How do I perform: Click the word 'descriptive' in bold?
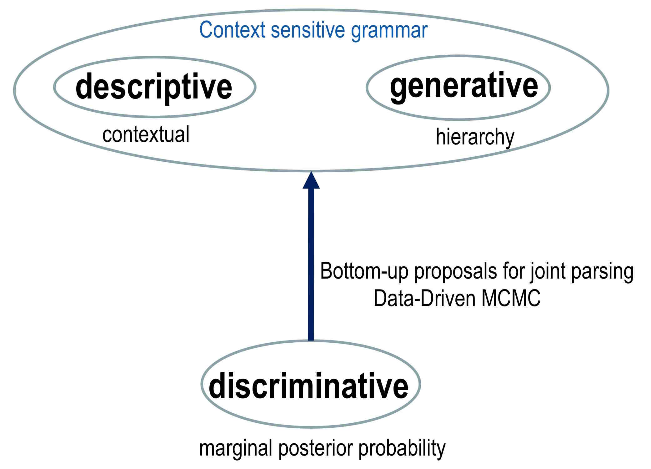(x=154, y=87)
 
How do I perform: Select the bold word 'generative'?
(x=464, y=87)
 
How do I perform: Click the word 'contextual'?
(x=146, y=134)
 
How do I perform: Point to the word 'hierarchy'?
(x=475, y=138)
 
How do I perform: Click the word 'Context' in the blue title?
(x=232, y=30)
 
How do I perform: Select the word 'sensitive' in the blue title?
(x=308, y=30)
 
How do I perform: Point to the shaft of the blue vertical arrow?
(x=311, y=265)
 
